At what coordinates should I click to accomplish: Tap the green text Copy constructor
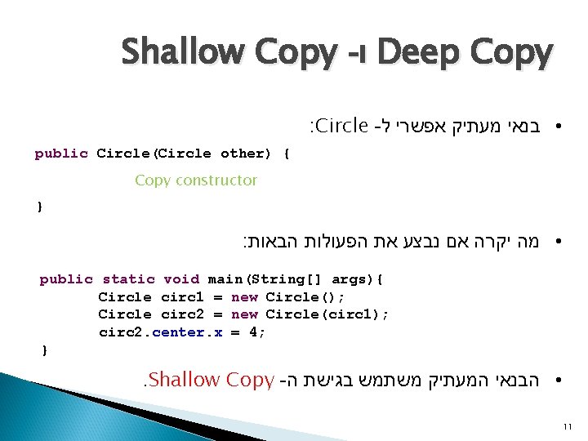coord(196,180)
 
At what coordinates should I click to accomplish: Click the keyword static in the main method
coord(128,279)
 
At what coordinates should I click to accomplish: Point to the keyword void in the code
coord(180,279)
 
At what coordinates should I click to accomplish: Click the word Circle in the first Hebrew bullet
coord(340,127)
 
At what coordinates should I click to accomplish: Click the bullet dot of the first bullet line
coord(555,127)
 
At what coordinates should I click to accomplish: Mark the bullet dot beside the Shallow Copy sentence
coord(555,381)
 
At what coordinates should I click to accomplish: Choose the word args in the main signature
coord(352,279)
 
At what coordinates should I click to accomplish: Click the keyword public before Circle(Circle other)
coord(61,154)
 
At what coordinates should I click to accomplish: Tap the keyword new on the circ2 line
coord(245,314)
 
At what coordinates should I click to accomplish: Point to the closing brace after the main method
coord(44,350)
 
